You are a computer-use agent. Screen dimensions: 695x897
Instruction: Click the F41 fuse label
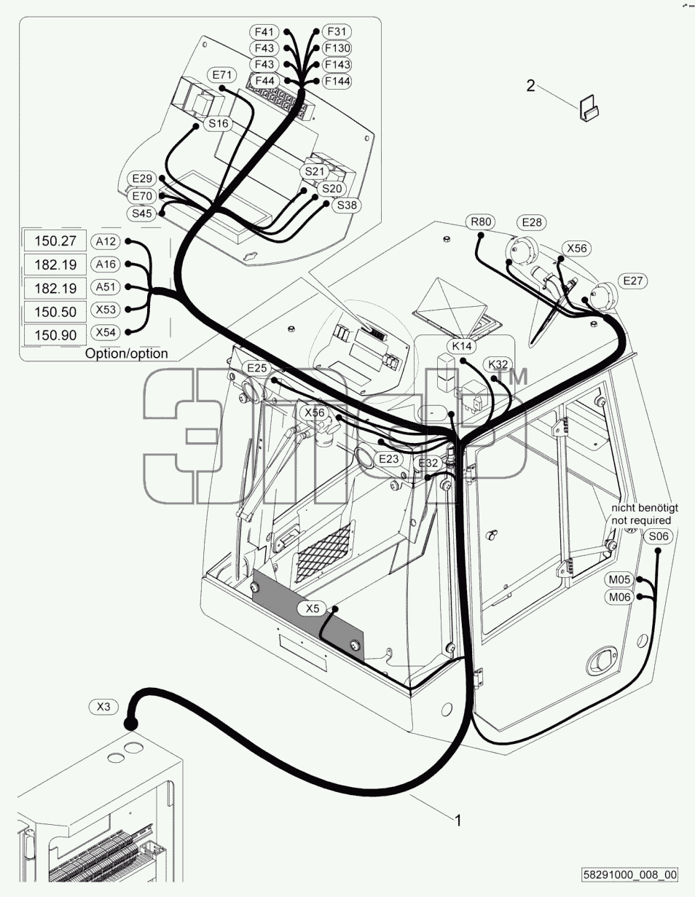(264, 32)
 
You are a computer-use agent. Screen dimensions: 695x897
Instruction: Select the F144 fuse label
(337, 82)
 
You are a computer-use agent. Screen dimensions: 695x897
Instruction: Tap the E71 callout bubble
(222, 75)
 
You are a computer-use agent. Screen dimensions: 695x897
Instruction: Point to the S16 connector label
(219, 123)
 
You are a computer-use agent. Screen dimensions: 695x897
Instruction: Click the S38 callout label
(347, 205)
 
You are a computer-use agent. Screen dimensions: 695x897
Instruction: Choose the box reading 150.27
(55, 240)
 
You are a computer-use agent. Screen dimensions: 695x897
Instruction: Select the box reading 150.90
(55, 334)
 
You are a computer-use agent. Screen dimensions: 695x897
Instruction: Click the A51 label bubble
(106, 287)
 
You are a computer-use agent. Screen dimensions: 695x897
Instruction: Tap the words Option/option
(126, 353)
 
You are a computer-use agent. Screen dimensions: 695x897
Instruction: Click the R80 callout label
(481, 222)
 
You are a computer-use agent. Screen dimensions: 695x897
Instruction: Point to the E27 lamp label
(632, 281)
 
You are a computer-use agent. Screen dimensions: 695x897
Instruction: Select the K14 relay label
(461, 346)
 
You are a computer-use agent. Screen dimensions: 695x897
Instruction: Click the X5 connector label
(313, 608)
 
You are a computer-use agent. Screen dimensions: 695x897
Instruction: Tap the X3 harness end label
(103, 707)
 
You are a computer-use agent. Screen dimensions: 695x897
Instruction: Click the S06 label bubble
(659, 536)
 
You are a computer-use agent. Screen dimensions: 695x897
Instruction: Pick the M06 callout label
(620, 597)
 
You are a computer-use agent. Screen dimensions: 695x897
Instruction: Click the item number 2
(530, 86)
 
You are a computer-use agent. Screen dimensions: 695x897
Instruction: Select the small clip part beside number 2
(589, 108)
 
